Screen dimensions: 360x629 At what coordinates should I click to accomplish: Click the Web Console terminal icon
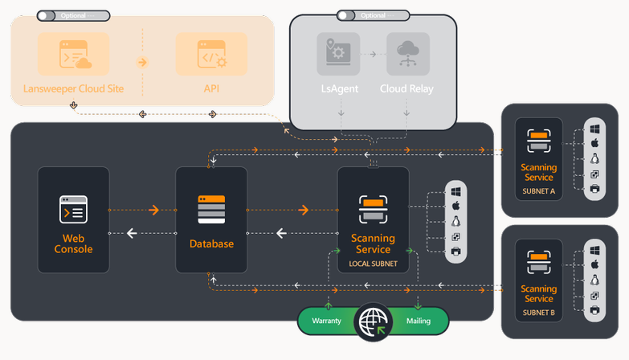pyautogui.click(x=73, y=210)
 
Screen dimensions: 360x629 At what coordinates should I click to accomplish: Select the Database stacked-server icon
pyautogui.click(x=211, y=210)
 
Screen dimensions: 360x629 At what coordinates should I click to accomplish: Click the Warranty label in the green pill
pyautogui.click(x=326, y=321)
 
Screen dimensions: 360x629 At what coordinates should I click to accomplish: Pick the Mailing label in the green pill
pyautogui.click(x=418, y=321)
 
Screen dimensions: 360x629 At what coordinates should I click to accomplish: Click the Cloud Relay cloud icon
pyautogui.click(x=406, y=54)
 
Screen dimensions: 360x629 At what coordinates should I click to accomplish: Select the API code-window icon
pyautogui.click(x=211, y=54)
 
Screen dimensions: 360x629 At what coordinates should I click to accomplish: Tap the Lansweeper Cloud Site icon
pyautogui.click(x=74, y=54)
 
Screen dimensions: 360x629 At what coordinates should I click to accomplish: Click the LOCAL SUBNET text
pyautogui.click(x=373, y=264)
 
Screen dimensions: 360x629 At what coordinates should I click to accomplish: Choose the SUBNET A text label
pyautogui.click(x=538, y=191)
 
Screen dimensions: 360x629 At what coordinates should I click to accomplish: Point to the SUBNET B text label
pyautogui.click(x=538, y=313)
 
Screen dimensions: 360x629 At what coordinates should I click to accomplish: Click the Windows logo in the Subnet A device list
pyautogui.click(x=595, y=129)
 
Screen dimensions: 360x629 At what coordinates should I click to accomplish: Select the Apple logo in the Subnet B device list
pyautogui.click(x=595, y=264)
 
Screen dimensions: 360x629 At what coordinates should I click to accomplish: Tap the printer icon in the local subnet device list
pyautogui.click(x=455, y=252)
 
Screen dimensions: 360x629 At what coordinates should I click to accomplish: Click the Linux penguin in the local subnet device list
pyautogui.click(x=455, y=222)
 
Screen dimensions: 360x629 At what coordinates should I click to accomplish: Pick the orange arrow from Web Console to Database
pyautogui.click(x=153, y=211)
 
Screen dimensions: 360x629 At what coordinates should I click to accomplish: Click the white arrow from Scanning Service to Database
pyautogui.click(x=281, y=234)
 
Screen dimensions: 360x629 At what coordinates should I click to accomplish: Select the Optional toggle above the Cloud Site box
pyautogui.click(x=47, y=15)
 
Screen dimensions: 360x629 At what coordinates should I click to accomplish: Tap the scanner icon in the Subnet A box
pyautogui.click(x=538, y=141)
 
